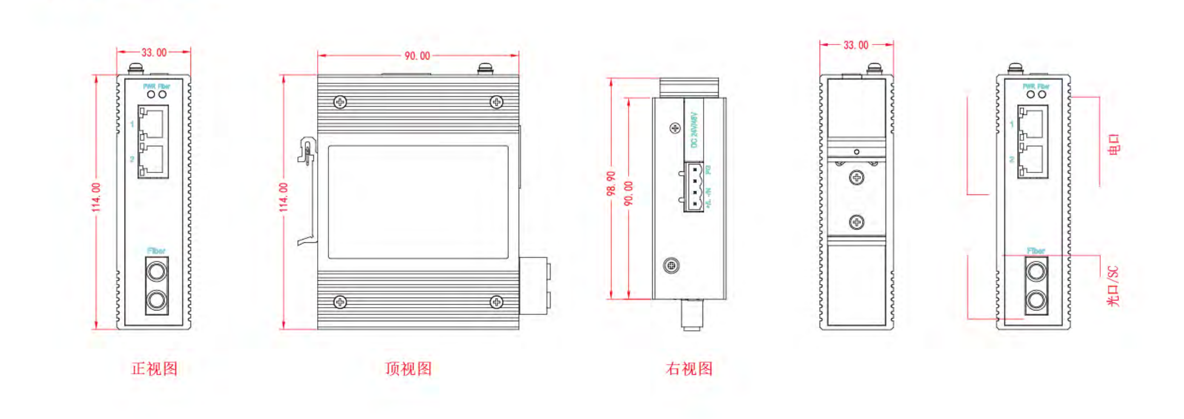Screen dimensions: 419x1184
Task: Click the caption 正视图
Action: point(154,369)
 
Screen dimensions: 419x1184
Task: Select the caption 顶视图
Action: point(408,369)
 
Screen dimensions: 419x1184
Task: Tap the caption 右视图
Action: point(689,369)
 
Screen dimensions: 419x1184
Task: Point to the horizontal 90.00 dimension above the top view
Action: point(417,56)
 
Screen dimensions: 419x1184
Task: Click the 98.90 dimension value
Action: point(611,184)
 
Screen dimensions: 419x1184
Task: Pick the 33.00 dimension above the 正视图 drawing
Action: point(154,53)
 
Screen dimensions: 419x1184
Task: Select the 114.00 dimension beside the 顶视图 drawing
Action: point(284,197)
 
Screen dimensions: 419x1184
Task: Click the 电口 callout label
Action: point(1114,145)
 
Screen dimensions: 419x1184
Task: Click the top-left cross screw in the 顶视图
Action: point(340,102)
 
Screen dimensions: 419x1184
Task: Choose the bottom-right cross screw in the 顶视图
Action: point(496,302)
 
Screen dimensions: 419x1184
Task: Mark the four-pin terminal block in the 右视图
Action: point(694,187)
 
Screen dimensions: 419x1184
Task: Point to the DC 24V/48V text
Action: point(693,130)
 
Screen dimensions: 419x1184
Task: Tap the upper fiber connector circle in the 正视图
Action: point(157,272)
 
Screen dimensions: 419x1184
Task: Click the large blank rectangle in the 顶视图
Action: point(418,202)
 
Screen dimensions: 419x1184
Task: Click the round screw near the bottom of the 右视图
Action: point(671,265)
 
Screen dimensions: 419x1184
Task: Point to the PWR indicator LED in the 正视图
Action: point(151,95)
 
